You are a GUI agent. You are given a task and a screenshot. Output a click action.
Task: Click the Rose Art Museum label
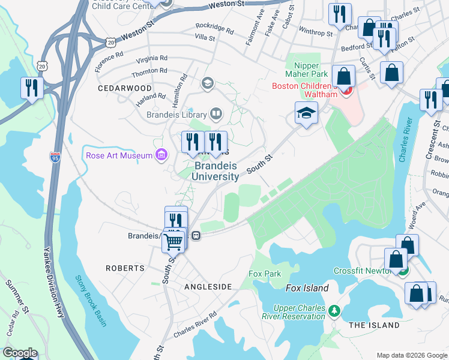pos(119,156)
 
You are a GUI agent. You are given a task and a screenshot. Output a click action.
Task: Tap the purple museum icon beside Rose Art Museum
pos(160,156)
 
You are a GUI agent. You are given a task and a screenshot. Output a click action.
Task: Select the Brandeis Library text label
pos(176,114)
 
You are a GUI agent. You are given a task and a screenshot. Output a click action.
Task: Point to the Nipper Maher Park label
pos(311,69)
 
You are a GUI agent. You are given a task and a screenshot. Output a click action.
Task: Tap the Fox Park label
pos(265,274)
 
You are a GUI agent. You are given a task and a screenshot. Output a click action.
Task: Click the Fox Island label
pos(307,289)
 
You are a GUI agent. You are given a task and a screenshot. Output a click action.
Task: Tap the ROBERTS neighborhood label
pos(125,268)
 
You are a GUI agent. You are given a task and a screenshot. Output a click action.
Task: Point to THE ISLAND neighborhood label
pos(374,325)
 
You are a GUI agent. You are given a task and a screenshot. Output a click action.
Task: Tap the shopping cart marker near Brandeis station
pos(173,241)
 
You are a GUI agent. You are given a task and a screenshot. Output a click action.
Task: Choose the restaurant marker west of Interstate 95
pos(31,88)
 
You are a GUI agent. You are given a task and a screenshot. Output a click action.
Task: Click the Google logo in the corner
pos(19,353)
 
